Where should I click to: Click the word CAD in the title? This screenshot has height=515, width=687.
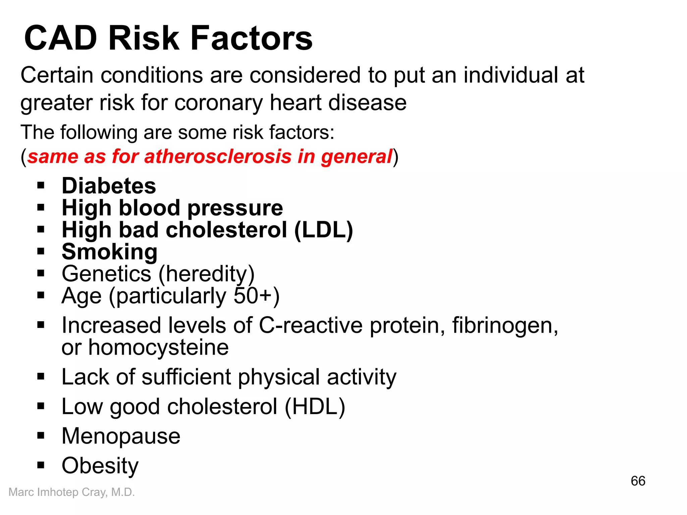click(61, 38)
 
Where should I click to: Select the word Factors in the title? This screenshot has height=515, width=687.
click(252, 38)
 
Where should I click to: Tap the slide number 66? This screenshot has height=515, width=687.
click(638, 481)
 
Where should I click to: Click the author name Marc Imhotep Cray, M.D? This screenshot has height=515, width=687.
click(71, 492)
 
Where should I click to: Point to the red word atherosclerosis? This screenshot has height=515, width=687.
click(218, 157)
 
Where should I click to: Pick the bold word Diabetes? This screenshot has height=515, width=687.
click(109, 186)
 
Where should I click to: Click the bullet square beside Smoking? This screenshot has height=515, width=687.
click(41, 251)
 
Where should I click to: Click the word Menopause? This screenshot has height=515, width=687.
click(121, 436)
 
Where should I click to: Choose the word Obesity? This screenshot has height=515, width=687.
click(100, 466)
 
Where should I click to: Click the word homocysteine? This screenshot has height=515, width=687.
click(158, 348)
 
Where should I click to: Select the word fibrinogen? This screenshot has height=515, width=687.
click(505, 326)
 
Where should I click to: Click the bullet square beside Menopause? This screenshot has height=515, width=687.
click(41, 436)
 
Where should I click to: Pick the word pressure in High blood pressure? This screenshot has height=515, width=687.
click(235, 208)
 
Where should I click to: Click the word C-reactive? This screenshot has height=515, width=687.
click(311, 326)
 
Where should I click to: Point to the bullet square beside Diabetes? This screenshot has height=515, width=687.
click(41, 185)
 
